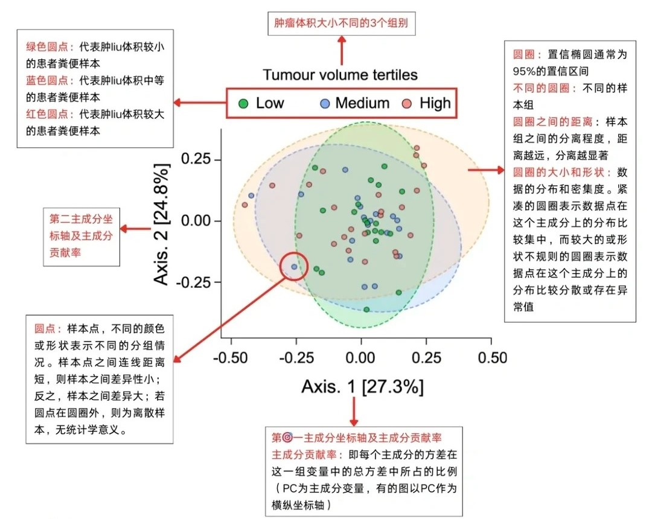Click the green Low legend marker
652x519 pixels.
click(243, 103)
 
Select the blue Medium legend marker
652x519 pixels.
click(325, 103)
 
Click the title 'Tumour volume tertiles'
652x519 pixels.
click(340, 75)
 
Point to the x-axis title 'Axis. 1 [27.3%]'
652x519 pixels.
click(362, 387)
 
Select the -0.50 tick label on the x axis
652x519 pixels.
click(230, 357)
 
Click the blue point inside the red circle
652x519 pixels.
click(294, 267)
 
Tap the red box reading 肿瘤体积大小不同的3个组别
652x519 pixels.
click(342, 25)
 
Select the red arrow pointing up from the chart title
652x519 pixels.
click(342, 49)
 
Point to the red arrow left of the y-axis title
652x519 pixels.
click(135, 229)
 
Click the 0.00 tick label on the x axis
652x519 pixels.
click(361, 357)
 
